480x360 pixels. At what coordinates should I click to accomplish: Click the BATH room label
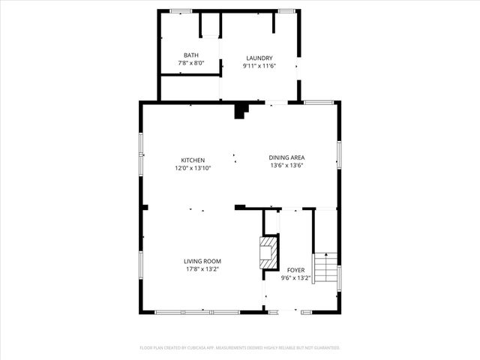[190, 55]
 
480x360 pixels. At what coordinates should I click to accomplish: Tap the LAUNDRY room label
[259, 58]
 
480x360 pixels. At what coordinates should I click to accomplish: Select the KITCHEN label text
[193, 160]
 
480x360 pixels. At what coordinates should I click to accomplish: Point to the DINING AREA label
[286, 157]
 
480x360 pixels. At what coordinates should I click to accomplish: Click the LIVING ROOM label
[202, 261]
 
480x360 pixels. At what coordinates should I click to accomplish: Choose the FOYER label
[295, 270]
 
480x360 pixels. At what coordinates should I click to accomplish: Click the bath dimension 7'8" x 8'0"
[190, 64]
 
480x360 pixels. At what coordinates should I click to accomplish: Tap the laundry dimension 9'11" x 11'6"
[259, 66]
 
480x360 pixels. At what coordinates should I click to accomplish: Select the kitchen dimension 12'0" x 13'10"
[193, 168]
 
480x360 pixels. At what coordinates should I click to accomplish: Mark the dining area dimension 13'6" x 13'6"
[286, 166]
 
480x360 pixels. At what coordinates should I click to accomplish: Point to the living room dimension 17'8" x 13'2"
[202, 269]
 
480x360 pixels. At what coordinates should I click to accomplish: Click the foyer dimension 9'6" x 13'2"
[295, 277]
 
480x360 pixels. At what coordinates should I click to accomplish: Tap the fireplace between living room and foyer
[268, 252]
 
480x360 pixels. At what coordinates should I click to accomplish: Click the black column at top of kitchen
[241, 111]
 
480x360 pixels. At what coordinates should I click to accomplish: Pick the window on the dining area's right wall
[339, 154]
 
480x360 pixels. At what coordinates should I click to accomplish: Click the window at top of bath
[181, 10]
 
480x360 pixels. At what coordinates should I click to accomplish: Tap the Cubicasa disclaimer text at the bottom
[240, 348]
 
